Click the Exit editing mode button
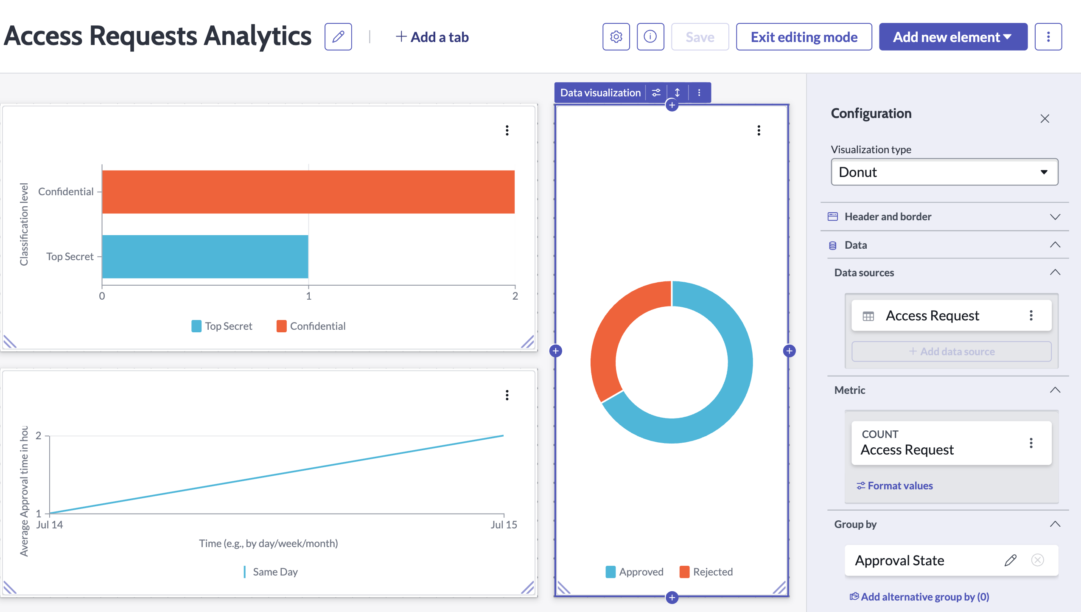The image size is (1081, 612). pos(804,37)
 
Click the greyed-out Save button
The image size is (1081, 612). pos(700,37)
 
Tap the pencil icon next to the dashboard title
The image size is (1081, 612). pos(338,37)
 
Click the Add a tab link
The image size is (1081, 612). pos(432,37)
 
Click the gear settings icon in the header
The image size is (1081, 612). pos(616,37)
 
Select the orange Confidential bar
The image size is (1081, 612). pos(308,192)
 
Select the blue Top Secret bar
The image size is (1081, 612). pos(205,257)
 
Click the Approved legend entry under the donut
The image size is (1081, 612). pos(634,572)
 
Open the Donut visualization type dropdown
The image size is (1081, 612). pos(944,172)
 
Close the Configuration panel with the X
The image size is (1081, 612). pos(1045,118)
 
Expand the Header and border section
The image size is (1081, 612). pos(944,217)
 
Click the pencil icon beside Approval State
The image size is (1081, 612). pos(1011,560)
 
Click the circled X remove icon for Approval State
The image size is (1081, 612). pos(1037,560)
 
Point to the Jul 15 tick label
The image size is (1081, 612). pos(504,525)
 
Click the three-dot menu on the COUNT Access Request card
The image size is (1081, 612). pos(1031,443)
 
